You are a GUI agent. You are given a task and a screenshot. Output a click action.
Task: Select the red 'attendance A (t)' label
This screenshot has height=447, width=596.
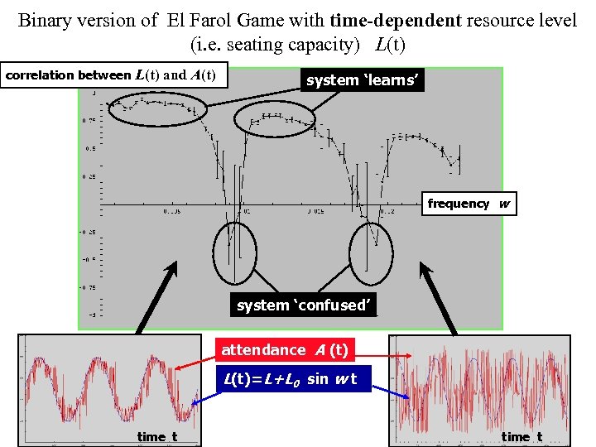pos(285,351)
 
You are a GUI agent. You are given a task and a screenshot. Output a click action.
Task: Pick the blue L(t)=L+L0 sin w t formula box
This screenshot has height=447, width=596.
pos(288,380)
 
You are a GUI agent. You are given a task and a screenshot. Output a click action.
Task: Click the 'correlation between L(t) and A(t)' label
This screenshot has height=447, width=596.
pos(111,75)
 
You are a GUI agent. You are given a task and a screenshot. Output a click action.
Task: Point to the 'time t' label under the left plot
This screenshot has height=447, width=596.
pos(157,436)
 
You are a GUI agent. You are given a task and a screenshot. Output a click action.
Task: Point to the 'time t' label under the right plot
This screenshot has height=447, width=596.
pos(522,436)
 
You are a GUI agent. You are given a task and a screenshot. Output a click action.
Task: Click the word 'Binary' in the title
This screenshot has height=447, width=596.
pos(43,20)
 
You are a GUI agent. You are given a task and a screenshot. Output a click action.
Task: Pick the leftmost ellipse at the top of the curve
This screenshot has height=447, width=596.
pos(156,108)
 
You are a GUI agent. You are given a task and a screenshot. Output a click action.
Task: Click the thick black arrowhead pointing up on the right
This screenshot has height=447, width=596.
pos(430,271)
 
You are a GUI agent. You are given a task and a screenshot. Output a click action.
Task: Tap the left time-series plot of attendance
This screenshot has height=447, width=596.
pos(110,389)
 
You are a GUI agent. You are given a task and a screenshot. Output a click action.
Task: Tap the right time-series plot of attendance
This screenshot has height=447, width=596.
pos(480,389)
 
